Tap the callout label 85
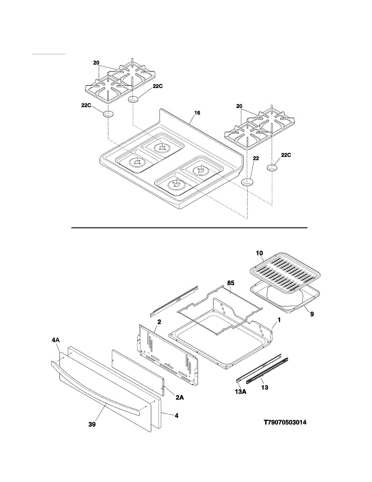[x=230, y=283]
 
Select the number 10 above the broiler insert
[x=259, y=253]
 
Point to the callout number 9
[x=311, y=315]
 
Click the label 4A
[x=56, y=340]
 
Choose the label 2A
[x=179, y=397]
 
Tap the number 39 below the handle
[x=92, y=424]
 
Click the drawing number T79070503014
[x=287, y=423]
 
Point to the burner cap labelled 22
[x=248, y=182]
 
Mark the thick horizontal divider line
[x=189, y=228]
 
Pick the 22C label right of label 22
[x=286, y=155]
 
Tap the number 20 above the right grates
[x=240, y=106]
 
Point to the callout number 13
[x=264, y=388]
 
